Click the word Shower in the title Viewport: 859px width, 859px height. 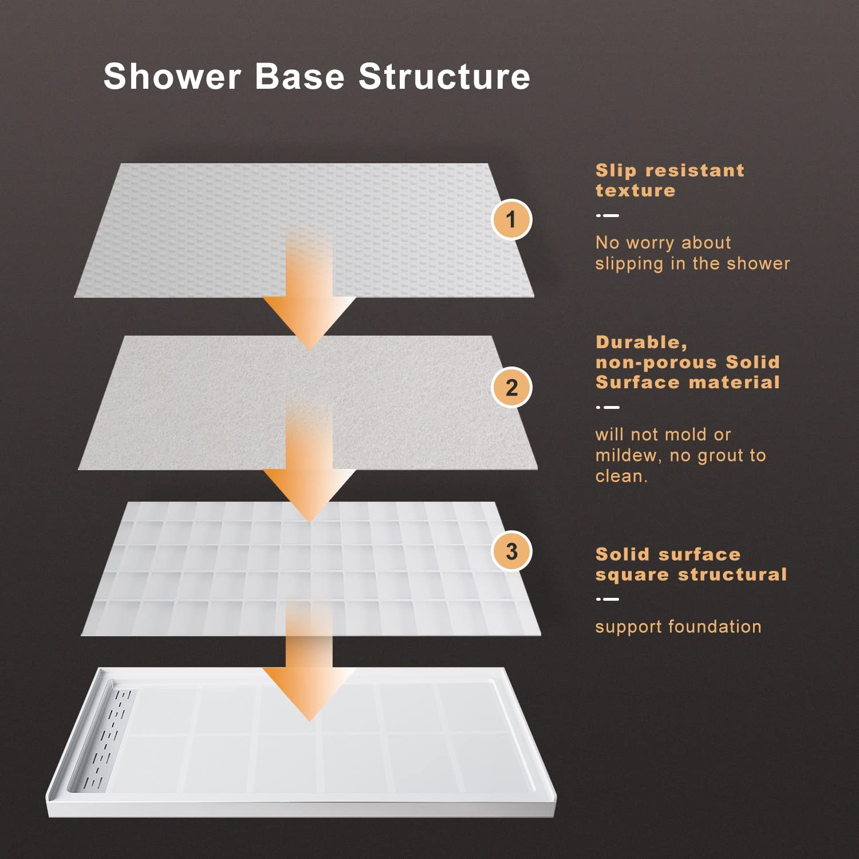[172, 76]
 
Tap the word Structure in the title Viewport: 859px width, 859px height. [444, 76]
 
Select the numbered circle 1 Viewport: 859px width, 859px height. [511, 219]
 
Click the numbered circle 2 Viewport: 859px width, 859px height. [511, 388]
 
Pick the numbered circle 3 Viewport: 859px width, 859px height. [511, 551]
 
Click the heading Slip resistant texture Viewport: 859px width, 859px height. [670, 180]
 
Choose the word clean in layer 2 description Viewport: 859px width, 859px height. [621, 476]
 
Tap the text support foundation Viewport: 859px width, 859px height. [679, 627]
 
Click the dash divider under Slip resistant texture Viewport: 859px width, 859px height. [608, 216]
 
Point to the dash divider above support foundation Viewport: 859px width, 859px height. [608, 600]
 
